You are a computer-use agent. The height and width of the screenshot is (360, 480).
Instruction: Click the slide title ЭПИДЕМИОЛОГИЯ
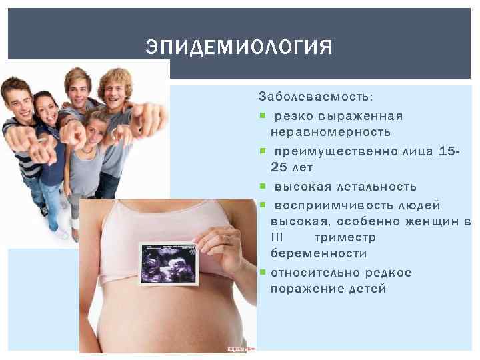tap(239, 48)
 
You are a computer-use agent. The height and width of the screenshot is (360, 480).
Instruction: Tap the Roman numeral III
tap(277, 237)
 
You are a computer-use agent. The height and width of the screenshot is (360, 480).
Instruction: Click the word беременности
tap(319, 254)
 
